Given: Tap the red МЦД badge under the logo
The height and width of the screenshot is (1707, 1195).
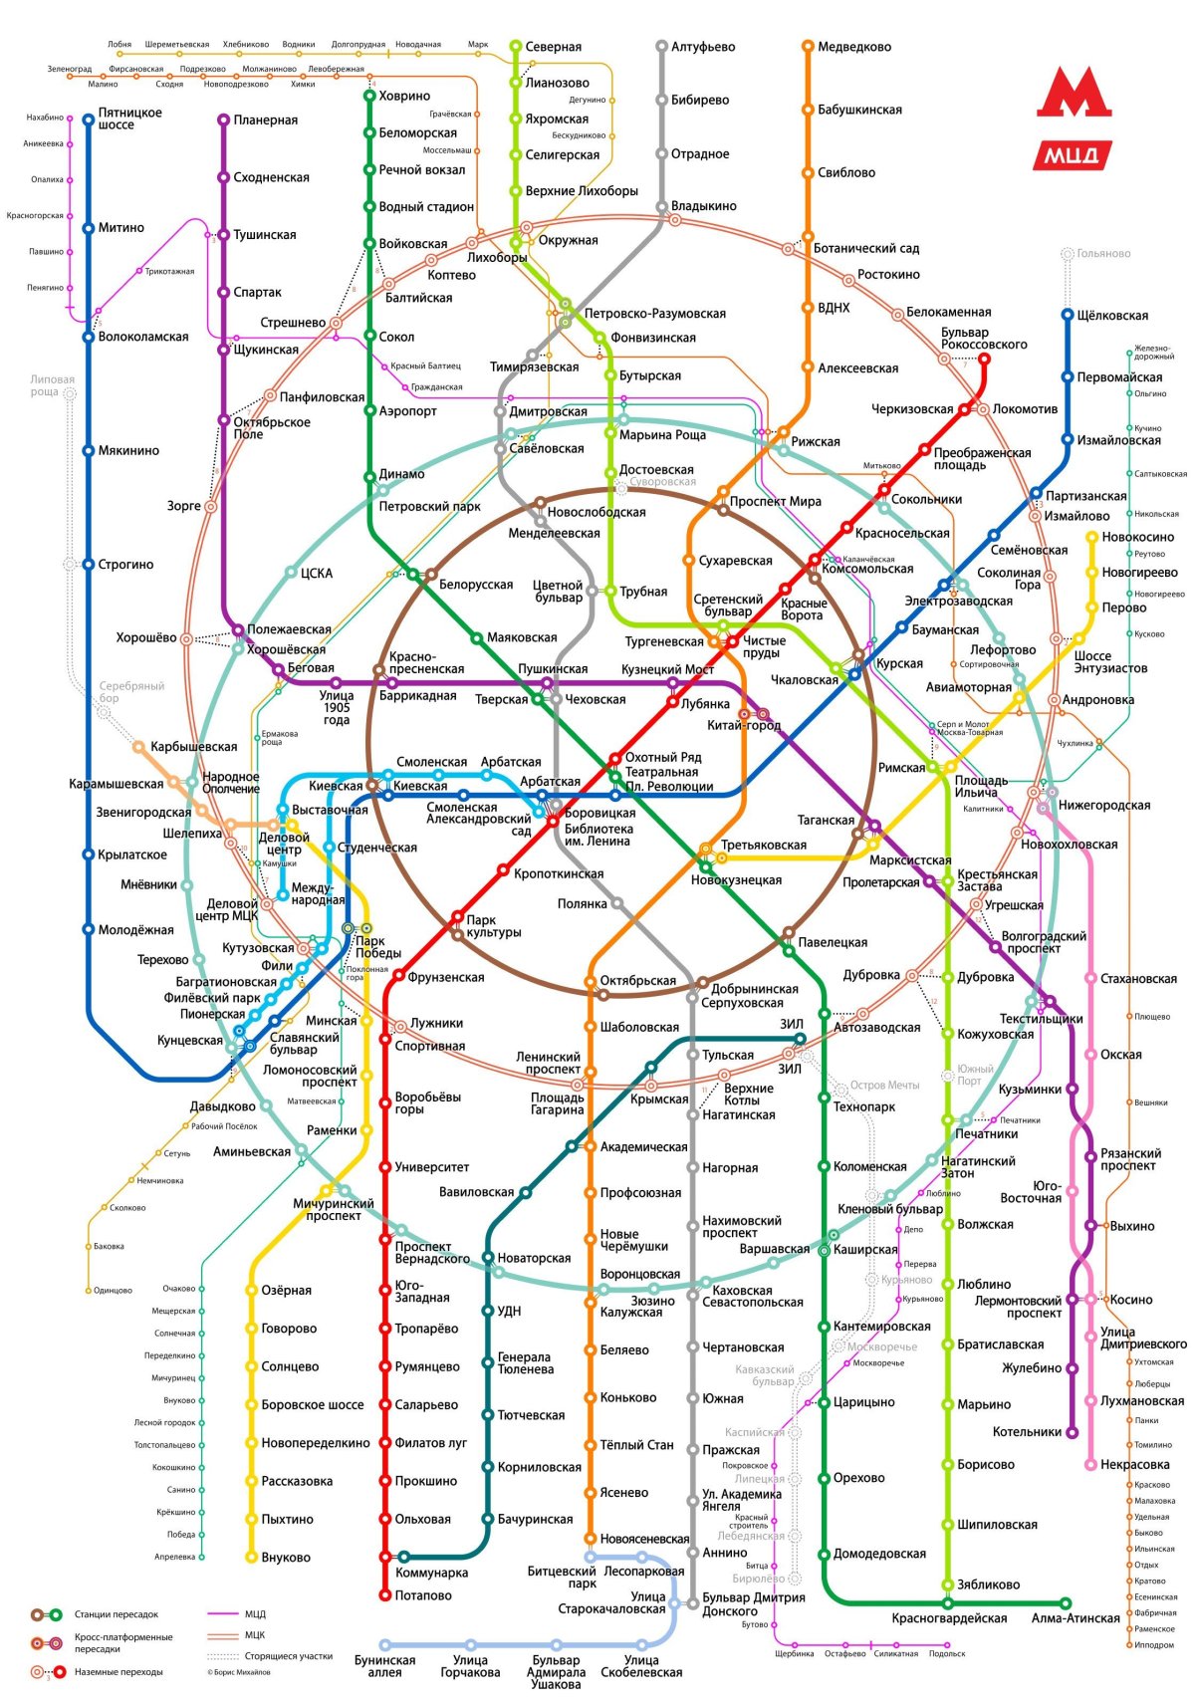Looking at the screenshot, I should click(x=1072, y=155).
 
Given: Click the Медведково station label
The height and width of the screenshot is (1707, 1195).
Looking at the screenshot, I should click(x=853, y=47).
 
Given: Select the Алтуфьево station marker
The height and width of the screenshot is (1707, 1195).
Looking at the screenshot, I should click(x=661, y=47).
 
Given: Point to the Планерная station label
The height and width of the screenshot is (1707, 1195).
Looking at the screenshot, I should click(x=265, y=121).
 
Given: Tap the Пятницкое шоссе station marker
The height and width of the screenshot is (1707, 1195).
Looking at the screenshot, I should click(x=89, y=120).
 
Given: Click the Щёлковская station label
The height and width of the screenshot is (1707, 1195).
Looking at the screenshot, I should click(x=1112, y=316).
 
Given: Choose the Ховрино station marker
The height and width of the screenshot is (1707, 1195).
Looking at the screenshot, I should click(x=369, y=96).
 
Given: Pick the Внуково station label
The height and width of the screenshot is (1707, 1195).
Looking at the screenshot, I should click(x=286, y=1558).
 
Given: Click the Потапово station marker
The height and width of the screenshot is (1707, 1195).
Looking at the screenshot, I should click(x=385, y=1595).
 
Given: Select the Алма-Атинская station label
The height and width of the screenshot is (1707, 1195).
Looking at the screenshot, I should click(x=1075, y=1618).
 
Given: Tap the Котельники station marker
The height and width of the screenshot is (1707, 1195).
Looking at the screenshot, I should click(x=1073, y=1432).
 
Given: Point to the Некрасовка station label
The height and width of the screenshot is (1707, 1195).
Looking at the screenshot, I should click(x=1134, y=1464).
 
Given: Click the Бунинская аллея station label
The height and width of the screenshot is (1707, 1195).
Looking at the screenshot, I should click(x=384, y=1666).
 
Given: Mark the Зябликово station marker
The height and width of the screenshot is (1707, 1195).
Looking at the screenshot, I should click(x=948, y=1585).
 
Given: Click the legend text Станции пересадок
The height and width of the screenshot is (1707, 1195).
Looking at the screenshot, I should click(x=116, y=1614).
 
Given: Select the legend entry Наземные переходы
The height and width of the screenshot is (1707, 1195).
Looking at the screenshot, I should click(x=118, y=1672).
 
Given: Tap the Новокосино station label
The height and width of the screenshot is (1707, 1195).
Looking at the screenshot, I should click(x=1137, y=537).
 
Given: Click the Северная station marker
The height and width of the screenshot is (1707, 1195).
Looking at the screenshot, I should click(x=516, y=47).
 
